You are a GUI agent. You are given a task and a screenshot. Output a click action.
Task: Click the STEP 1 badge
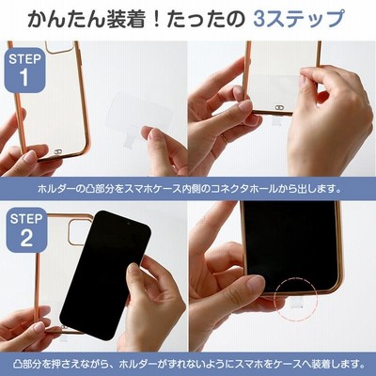(x=24, y=70)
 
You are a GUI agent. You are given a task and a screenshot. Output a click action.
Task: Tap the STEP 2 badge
(x=26, y=229)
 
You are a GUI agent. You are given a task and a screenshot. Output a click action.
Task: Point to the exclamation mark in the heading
(x=155, y=19)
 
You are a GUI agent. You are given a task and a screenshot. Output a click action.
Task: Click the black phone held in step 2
(x=105, y=274)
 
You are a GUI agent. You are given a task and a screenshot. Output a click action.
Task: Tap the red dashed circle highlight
(x=295, y=299)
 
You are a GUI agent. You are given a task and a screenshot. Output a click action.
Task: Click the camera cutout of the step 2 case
(x=78, y=232)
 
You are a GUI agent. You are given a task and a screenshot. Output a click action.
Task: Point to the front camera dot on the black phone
(x=128, y=224)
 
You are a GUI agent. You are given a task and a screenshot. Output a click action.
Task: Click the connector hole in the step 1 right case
(x=278, y=107)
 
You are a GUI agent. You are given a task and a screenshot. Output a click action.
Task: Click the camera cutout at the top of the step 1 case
(x=60, y=47)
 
